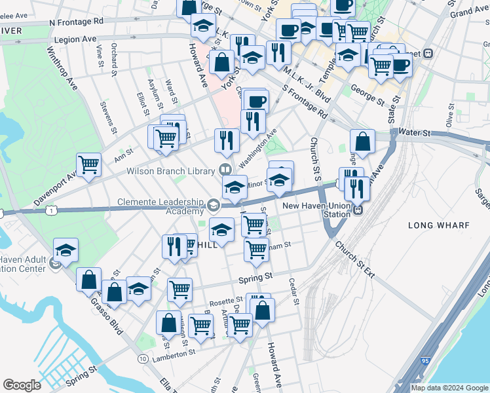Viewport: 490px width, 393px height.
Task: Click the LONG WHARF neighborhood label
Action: click(439, 225)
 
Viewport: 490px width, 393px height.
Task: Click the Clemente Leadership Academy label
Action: click(161, 206)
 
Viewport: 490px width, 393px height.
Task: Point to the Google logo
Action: click(22, 385)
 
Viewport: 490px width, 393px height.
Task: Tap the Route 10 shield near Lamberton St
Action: click(142, 358)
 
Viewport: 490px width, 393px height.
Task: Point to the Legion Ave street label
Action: click(75, 39)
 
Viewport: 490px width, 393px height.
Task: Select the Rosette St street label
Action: click(226, 302)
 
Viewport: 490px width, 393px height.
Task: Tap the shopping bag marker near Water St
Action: click(362, 140)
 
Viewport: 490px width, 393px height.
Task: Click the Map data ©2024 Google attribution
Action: click(450, 388)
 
